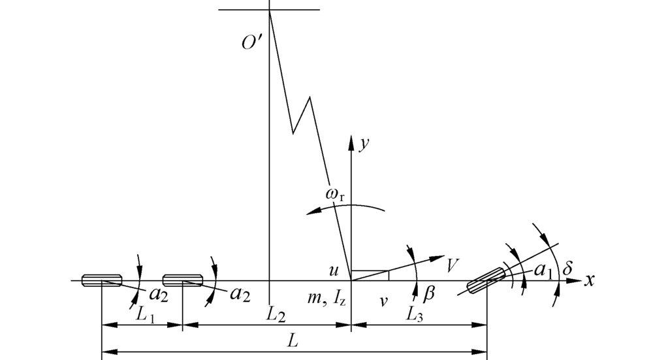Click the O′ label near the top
[x=251, y=42]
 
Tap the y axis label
[x=364, y=144]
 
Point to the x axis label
[x=589, y=280]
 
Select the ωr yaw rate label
[x=335, y=195]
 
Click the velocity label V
[x=453, y=265]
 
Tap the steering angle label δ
[x=567, y=269]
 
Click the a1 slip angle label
[x=543, y=271]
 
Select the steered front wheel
[x=486, y=280]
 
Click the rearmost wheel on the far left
[x=102, y=280]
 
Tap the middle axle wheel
[x=183, y=280]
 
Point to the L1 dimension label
[x=146, y=316]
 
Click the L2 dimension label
[x=276, y=316]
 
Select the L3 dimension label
[x=415, y=316]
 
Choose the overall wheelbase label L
[x=293, y=341]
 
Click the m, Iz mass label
[x=326, y=299]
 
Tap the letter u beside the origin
[x=334, y=271]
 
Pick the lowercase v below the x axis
[x=383, y=301]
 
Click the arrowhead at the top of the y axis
[x=351, y=142]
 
